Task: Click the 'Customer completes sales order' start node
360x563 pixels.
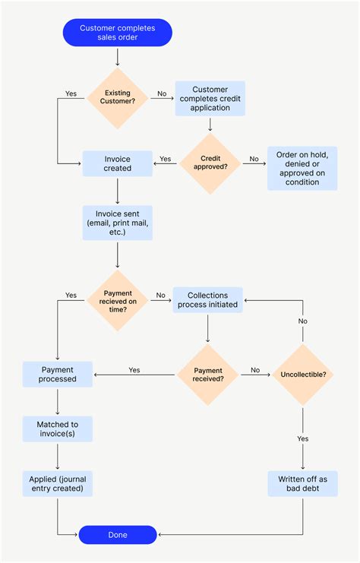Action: point(117,33)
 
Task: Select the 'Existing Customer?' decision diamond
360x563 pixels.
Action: point(117,98)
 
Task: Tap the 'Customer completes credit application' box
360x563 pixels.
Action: point(210,98)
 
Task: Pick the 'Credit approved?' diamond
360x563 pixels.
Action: point(210,163)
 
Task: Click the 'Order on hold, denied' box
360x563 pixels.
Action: point(302,168)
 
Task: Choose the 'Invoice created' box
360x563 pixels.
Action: point(118,163)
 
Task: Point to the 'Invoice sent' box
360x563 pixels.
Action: point(117,222)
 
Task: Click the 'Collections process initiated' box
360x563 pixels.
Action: point(207,299)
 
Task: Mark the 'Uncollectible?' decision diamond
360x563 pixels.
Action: point(303,374)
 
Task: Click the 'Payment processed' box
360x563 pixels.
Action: point(58,374)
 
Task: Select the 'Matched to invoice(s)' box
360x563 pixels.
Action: point(58,429)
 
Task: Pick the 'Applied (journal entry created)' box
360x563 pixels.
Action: point(58,483)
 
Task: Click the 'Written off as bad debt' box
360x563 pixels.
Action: point(302,483)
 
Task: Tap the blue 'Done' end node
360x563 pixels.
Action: point(118,534)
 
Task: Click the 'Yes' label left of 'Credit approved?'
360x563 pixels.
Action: point(166,160)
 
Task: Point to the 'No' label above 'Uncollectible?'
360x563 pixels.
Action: point(303,321)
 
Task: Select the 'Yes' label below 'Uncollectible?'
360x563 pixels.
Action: point(303,438)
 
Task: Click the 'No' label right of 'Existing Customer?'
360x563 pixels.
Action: point(162,94)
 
